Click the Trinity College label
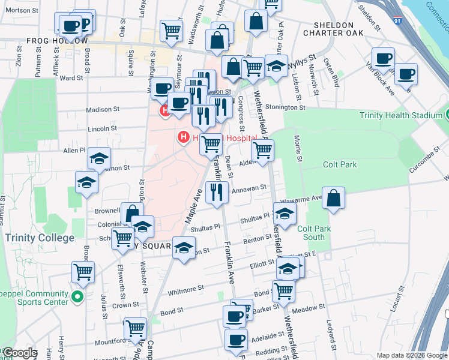click(40, 238)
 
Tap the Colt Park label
click(339, 164)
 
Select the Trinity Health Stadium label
click(402, 115)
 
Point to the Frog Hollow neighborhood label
click(56, 41)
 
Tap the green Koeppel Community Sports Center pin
click(76, 296)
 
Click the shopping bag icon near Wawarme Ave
click(333, 198)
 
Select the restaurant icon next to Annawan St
click(216, 191)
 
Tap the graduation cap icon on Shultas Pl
click(285, 213)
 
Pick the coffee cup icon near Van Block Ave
click(406, 74)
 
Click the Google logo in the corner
click(19, 353)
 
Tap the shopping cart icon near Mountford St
click(136, 328)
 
